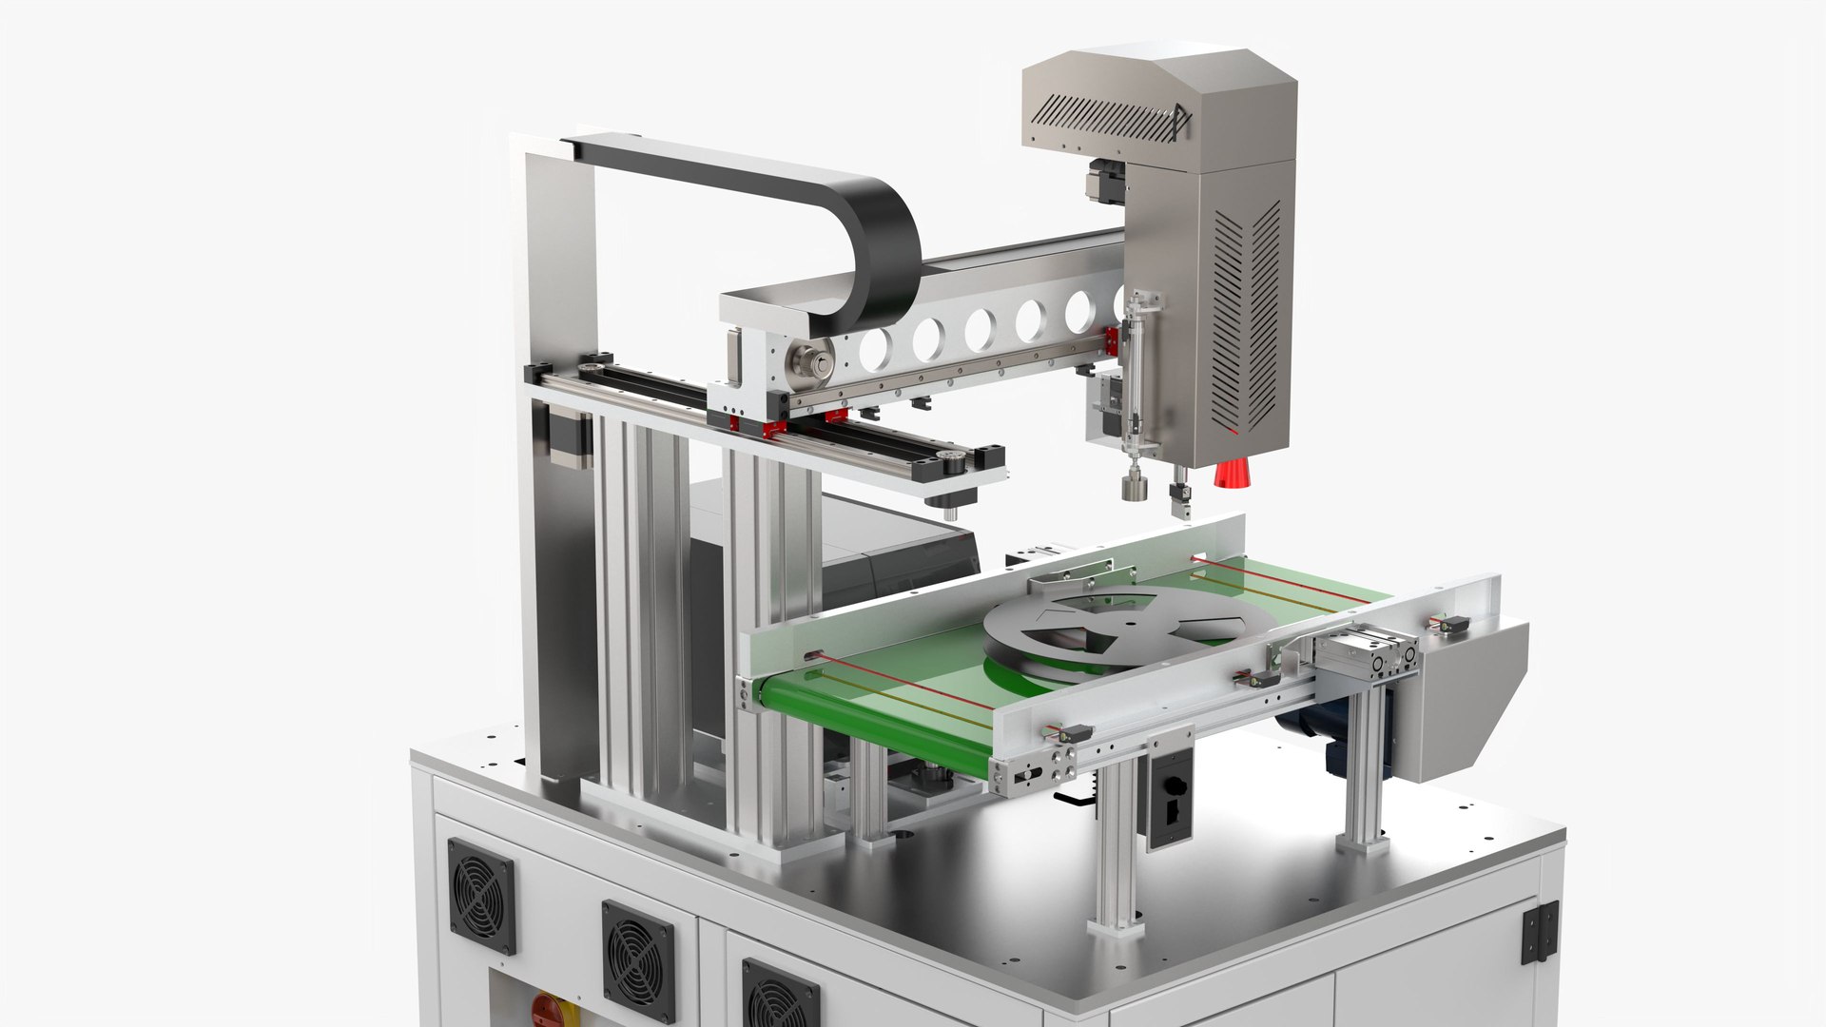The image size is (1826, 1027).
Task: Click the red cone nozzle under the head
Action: [1233, 473]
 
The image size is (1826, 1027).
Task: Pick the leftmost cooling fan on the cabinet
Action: [481, 895]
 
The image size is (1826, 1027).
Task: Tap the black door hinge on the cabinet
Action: [1540, 932]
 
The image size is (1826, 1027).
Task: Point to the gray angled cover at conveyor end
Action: [1469, 699]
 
